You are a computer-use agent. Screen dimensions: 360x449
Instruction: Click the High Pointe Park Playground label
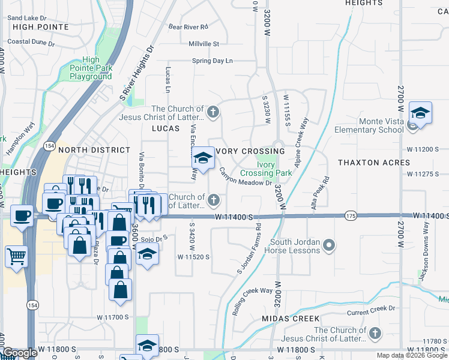click(x=91, y=68)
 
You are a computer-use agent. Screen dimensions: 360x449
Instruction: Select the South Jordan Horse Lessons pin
click(x=328, y=245)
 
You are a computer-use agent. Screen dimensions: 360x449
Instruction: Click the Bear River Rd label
click(x=188, y=27)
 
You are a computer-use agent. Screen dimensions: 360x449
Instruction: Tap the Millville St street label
click(x=204, y=44)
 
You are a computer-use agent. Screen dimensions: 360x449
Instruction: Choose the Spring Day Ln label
click(x=212, y=61)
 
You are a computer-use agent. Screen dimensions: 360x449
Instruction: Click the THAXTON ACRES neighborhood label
click(x=374, y=163)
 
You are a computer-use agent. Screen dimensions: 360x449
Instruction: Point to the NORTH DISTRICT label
click(x=94, y=150)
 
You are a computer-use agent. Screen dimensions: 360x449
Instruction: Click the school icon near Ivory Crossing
click(x=203, y=158)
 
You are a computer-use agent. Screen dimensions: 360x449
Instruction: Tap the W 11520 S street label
click(x=193, y=257)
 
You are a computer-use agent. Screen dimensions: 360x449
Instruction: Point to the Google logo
click(x=19, y=353)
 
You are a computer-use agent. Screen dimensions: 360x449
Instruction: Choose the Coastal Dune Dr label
click(x=31, y=43)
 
